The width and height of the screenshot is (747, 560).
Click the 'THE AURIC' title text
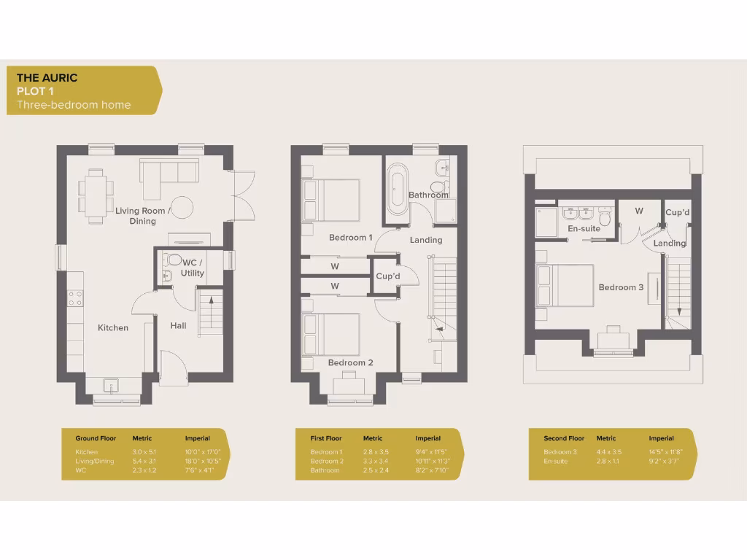[x=47, y=78]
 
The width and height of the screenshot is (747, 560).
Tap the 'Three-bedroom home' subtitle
[x=74, y=105]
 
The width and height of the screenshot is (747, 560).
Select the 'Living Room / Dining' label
[x=143, y=216]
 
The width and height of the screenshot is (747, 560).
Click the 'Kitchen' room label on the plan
[x=113, y=328]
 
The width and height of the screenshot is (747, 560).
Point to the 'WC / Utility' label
[x=193, y=267]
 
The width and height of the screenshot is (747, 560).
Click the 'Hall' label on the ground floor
[x=178, y=325]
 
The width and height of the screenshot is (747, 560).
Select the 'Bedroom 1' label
[x=350, y=238]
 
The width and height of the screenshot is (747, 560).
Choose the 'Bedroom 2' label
[x=350, y=363]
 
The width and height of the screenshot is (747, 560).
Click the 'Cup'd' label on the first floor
[x=388, y=276]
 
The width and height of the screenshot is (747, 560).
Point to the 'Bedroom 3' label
[x=621, y=287]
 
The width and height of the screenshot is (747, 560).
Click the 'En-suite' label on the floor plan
[x=584, y=229]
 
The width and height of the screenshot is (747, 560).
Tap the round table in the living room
[x=182, y=207]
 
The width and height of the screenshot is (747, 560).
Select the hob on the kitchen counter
[x=75, y=297]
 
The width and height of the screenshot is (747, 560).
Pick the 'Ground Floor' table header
[x=96, y=439]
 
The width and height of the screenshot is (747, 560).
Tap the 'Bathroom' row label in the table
[x=325, y=470]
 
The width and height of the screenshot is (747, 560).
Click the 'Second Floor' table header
[x=564, y=439]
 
